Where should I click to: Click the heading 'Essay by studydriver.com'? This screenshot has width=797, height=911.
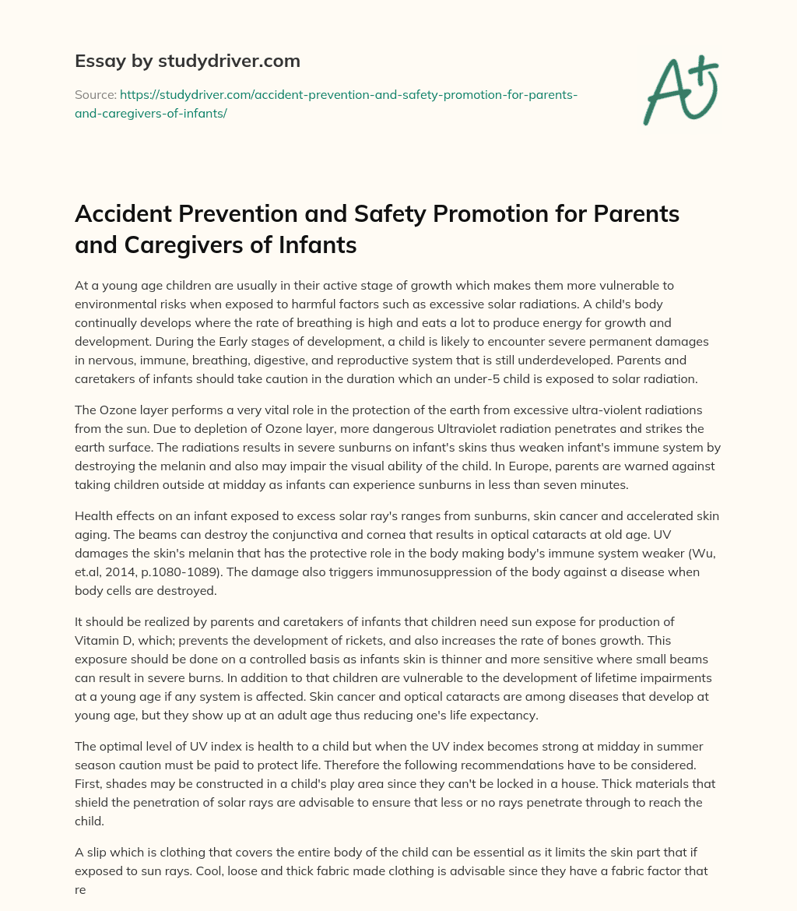pos(187,61)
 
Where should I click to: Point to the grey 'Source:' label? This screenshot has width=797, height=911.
pos(95,94)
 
